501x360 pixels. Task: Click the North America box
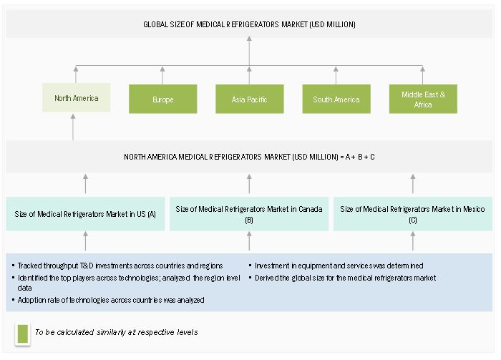[x=77, y=98]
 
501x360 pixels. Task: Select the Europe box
[x=163, y=99]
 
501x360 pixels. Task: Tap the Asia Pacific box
[x=250, y=99]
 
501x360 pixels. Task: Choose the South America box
[x=336, y=99]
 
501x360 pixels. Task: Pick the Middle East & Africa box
[x=423, y=99]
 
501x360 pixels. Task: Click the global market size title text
[x=249, y=24]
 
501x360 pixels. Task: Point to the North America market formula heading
[x=249, y=157]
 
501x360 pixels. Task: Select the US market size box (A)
[x=85, y=214]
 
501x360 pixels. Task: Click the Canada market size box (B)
[x=249, y=214]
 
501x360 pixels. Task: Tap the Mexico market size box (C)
[x=413, y=214]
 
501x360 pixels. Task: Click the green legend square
[x=23, y=334]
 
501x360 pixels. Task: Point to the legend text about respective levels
[x=116, y=332]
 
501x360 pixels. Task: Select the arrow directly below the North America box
[x=73, y=127]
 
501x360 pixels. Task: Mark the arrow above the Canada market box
[x=249, y=184]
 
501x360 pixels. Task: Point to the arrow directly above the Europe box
[x=162, y=75]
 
